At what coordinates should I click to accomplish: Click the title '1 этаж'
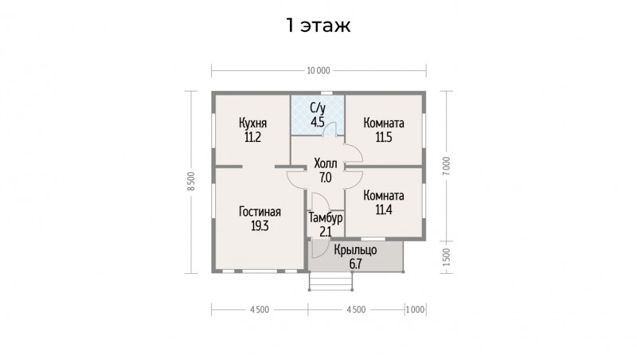coord(318,25)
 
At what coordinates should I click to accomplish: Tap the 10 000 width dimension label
coord(318,71)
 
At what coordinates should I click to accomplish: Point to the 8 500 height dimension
coord(192,182)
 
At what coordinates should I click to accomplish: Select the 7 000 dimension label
coord(447,166)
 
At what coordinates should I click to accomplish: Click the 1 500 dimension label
coord(447,256)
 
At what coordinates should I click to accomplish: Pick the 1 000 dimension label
coord(415,310)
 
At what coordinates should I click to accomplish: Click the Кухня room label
coord(252,123)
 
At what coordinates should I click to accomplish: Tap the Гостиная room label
coord(260,212)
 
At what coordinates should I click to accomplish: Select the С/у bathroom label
coord(318,108)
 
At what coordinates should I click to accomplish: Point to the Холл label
coord(326,164)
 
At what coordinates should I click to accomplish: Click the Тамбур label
coord(326,218)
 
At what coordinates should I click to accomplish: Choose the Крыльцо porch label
coord(355,250)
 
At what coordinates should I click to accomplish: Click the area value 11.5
coord(384,137)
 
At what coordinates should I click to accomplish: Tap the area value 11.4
coord(384,210)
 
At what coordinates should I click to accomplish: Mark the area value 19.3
coord(260,226)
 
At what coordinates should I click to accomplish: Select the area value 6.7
coord(355,264)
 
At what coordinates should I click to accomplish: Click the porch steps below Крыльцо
coord(330,281)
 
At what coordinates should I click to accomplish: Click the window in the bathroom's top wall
coord(326,93)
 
